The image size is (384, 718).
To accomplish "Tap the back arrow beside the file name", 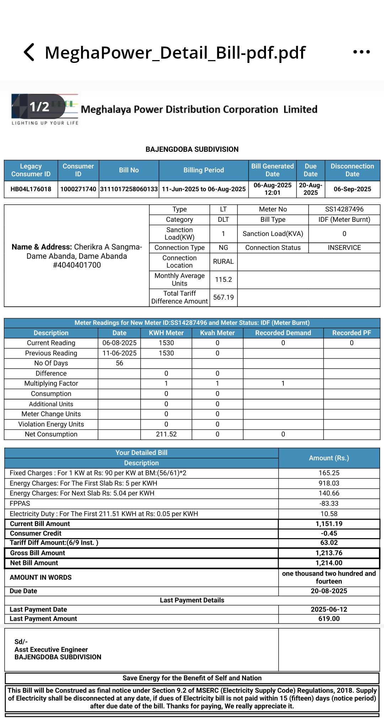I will coord(29,52).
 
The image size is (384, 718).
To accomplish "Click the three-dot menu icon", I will coord(361,52).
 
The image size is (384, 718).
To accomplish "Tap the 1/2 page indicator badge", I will coord(39,107).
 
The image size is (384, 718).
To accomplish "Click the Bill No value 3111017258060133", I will coord(129,189).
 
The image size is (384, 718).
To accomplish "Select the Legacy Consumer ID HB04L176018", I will coord(31,189).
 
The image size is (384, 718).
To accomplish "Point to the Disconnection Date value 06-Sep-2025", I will coord(352,189).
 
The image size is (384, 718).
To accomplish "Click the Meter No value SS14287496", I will coord(344,209).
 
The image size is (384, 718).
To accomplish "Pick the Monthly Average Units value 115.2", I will coord(223,280).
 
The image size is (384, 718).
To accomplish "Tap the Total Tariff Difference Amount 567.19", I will coord(223,298).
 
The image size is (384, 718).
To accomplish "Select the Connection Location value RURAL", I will coord(223,262).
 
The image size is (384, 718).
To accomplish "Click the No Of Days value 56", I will coord(119,363).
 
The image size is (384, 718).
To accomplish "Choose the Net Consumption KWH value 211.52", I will coord(166,434).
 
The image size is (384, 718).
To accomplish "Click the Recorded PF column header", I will coord(351,333).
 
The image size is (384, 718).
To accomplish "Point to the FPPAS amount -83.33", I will coord(329,504).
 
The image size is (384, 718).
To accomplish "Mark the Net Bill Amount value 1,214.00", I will coord(329,563).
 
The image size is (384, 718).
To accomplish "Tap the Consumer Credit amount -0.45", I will coord(329,534).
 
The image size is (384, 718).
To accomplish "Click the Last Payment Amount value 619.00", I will coord(329,619).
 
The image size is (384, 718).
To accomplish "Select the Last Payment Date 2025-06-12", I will coord(329,610).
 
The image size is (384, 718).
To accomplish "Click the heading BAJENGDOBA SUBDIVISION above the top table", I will coord(192,149).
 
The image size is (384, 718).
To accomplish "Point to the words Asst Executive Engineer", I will coord(51,649).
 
